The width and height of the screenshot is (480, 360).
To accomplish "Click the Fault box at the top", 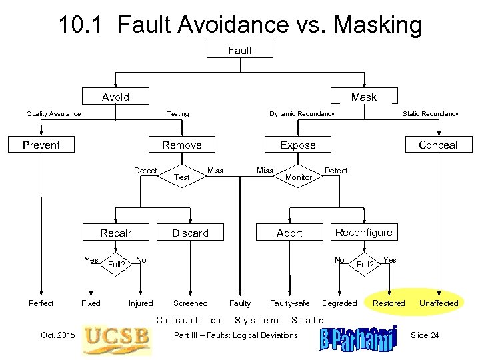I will (x=240, y=50).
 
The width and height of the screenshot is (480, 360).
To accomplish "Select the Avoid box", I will (x=115, y=97).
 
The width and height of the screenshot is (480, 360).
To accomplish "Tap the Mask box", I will (x=363, y=97).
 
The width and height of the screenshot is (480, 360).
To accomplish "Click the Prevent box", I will (x=41, y=145).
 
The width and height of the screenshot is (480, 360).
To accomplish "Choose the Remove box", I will (x=181, y=145).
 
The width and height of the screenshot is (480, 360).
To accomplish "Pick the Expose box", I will (x=298, y=145).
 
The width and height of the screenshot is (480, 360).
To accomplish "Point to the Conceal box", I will (x=437, y=145).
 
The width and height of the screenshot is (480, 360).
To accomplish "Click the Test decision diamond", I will (x=181, y=177).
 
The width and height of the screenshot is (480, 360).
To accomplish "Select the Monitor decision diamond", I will (x=298, y=177).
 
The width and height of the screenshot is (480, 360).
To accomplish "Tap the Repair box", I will (x=115, y=233).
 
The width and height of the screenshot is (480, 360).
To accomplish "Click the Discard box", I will (x=190, y=233).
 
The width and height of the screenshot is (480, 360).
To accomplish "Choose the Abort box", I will (x=289, y=233).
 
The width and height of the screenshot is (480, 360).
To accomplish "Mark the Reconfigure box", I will (x=363, y=232).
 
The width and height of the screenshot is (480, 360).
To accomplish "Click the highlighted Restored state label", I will (x=389, y=303).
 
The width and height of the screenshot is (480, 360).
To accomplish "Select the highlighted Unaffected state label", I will (x=438, y=303).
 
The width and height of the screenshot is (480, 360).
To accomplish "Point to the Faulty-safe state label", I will (x=289, y=303).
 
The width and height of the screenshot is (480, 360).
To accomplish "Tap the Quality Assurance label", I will (x=53, y=113).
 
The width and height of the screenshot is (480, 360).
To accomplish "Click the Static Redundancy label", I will (x=430, y=113).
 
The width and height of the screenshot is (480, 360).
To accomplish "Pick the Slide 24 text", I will (x=425, y=335).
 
